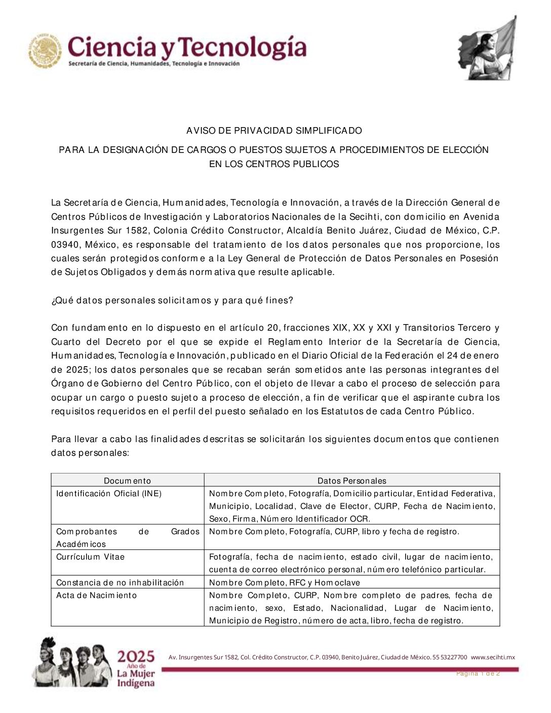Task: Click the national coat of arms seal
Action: coord(45,51)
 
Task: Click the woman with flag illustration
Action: coord(487,49)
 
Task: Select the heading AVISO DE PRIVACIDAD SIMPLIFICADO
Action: coord(274,131)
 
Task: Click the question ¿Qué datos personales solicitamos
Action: coord(172,300)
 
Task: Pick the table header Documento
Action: coord(127,481)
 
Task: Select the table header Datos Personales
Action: coord(351,481)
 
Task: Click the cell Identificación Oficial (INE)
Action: coord(109,493)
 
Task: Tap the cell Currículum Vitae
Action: coord(90,557)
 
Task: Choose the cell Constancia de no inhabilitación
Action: coord(120,582)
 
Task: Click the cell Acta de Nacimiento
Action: coord(96,595)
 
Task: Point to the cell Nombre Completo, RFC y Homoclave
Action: coord(284,582)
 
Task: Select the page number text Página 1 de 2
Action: coord(478,674)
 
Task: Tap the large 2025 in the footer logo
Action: coord(136,657)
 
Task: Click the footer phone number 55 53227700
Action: coord(450,657)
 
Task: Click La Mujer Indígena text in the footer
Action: coord(136,679)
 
